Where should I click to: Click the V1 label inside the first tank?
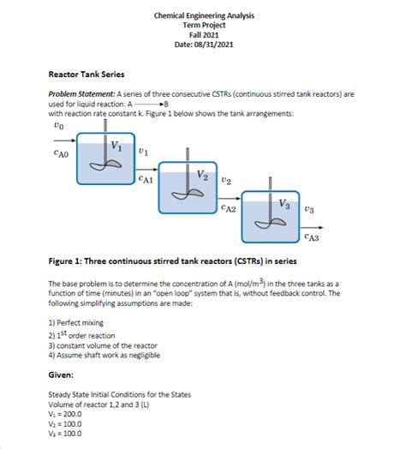coord(116,146)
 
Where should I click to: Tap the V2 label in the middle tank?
coord(202,175)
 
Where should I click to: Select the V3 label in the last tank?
coord(284,204)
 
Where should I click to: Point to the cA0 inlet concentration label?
coord(62,154)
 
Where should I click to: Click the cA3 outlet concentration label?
coord(312,237)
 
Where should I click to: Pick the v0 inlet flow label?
coord(59,126)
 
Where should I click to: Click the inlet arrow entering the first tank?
coord(65,141)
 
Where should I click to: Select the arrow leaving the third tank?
coord(312,228)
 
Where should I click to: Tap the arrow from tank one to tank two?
coord(146,170)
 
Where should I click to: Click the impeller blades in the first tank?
coord(105,165)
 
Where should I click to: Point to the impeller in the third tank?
coord(271,223)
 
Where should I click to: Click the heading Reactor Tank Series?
coord(87,75)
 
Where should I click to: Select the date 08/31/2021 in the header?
coord(213,45)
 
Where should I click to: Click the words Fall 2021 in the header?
coord(204,35)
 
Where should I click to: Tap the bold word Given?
coord(61,374)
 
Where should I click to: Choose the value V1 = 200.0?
coord(65,415)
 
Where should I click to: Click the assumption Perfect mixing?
coord(76,323)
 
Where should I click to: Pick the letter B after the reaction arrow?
coord(166,104)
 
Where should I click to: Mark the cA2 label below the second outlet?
coord(229,208)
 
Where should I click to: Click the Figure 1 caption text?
coord(173,261)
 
